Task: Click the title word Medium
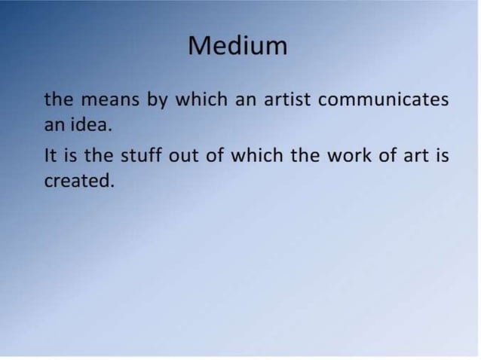click(237, 46)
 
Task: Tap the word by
click(157, 101)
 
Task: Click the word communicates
click(384, 100)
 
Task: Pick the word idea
click(91, 125)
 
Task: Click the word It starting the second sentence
click(51, 156)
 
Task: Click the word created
click(79, 181)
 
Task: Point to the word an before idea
click(54, 125)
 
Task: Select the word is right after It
click(72, 156)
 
